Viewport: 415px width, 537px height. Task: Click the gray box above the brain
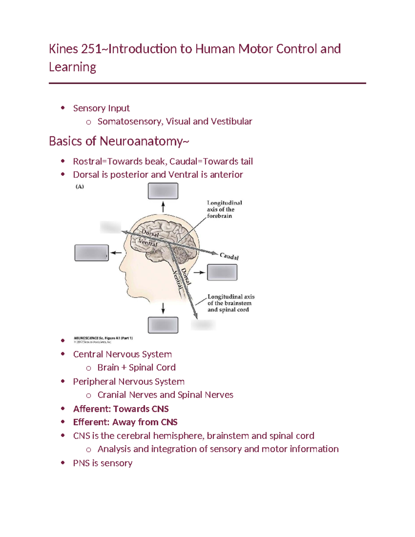(163, 191)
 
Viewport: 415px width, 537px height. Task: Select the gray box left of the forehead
(92, 253)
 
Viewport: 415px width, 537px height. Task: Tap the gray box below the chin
(163, 325)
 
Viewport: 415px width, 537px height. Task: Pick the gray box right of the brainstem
(222, 272)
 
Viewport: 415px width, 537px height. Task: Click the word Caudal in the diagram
(229, 256)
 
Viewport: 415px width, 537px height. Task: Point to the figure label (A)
(80, 186)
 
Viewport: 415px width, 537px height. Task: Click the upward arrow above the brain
(163, 207)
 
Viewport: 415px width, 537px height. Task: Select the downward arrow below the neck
(163, 308)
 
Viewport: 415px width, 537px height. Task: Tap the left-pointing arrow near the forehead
(116, 253)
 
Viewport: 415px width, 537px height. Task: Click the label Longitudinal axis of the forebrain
(224, 209)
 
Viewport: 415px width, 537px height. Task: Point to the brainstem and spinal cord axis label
(230, 303)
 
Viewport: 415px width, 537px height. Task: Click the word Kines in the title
(63, 49)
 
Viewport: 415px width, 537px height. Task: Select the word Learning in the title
(72, 67)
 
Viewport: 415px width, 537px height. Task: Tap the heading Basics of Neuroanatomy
(119, 141)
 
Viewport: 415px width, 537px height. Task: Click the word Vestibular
(231, 121)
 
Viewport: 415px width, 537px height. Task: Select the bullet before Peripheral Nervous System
(63, 381)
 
